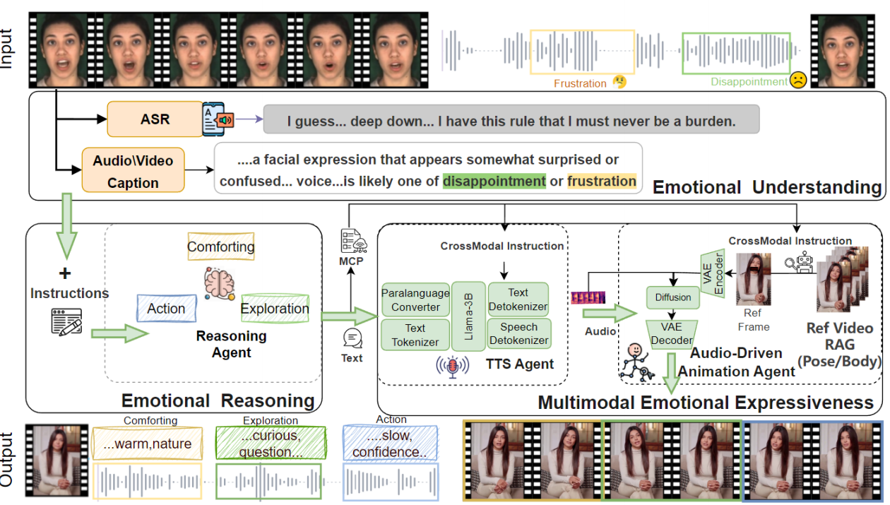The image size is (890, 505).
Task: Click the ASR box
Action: pos(155,119)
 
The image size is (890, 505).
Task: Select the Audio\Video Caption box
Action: pos(133,172)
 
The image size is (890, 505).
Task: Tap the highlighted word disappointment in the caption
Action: pos(494,182)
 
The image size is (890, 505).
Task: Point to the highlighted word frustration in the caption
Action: pos(601,182)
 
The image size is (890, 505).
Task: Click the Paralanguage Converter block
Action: pos(415,299)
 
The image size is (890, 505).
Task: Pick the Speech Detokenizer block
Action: pos(518,334)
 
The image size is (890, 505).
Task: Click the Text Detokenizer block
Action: pos(518,299)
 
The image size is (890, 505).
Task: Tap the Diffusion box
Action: pos(673,297)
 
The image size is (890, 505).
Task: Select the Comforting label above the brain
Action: pos(220,247)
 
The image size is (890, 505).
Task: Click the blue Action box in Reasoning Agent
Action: pos(166,309)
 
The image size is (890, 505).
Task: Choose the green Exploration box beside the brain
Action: pos(275,309)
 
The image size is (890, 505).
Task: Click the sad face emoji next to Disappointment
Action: pos(798,80)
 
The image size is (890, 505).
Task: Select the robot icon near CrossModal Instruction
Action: pos(807,263)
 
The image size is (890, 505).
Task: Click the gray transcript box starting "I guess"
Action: pos(511,121)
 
